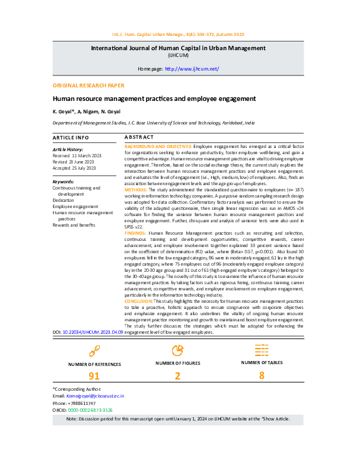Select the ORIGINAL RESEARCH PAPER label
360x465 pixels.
[x=88, y=85]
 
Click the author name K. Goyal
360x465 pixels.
[x=63, y=111]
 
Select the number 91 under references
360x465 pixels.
[x=94, y=376]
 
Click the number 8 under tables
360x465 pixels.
[x=261, y=375]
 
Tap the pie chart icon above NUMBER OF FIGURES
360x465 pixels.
[x=178, y=351]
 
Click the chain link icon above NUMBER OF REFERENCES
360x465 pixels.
[x=94, y=351]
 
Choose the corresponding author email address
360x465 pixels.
[x=95, y=395]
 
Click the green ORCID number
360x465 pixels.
[x=90, y=410]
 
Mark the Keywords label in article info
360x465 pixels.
[x=63, y=181]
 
